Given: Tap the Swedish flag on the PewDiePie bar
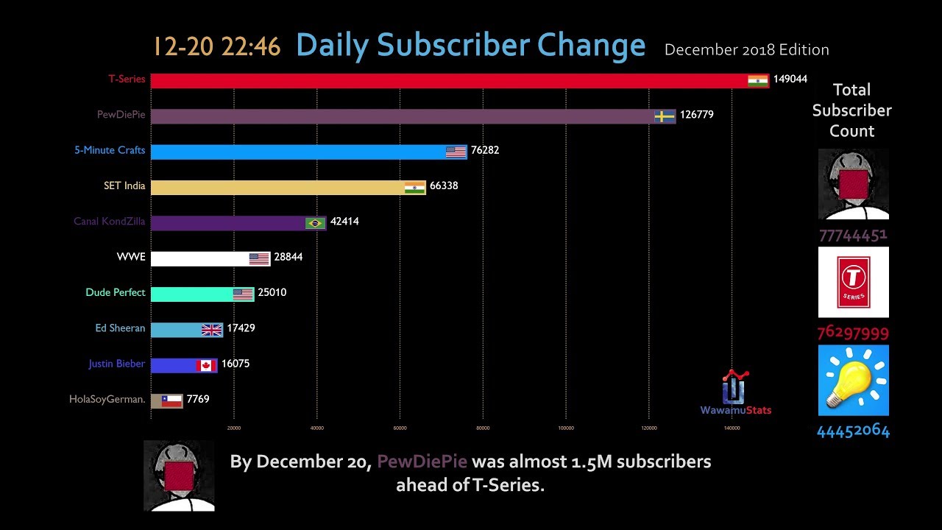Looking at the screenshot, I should coord(665,116).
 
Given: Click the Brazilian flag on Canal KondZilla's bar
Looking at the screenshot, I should coord(315,223).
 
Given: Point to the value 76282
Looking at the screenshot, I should coord(485,150).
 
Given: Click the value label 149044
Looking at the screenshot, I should coord(790,79).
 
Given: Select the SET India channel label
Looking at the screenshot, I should coord(124,185).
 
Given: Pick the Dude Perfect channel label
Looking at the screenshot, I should coord(116,292).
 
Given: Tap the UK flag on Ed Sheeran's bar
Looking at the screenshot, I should coord(212,330).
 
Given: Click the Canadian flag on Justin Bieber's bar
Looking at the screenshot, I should coord(205,365).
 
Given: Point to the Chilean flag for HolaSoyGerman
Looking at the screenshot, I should coord(171,401).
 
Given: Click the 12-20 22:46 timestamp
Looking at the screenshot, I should coord(217,46).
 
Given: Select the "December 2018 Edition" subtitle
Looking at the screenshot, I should coord(746,50).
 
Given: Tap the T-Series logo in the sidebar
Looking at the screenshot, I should coord(854,282).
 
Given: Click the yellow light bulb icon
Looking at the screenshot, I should coord(853,380).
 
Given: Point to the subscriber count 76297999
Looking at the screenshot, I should coord(853,333).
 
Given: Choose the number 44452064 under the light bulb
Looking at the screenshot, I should coord(853,431).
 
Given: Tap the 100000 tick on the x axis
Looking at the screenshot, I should coord(566,428).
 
